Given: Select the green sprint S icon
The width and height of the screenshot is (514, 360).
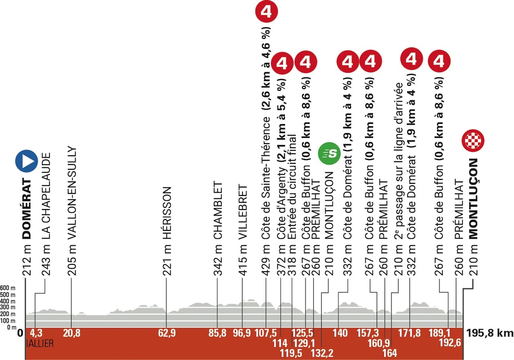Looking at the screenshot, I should point(329,153).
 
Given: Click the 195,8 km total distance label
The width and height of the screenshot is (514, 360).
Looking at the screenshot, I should point(491,333).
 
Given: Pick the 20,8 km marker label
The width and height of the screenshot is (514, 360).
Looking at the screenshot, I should point(71,333).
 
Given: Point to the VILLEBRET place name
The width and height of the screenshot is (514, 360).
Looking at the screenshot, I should point(243,212).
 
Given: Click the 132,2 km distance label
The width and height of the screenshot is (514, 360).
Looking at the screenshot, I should point(322,353).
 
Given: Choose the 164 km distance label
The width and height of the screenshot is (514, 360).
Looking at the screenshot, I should point(390,353).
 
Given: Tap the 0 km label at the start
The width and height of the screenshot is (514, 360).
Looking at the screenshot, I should point(20,333).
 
